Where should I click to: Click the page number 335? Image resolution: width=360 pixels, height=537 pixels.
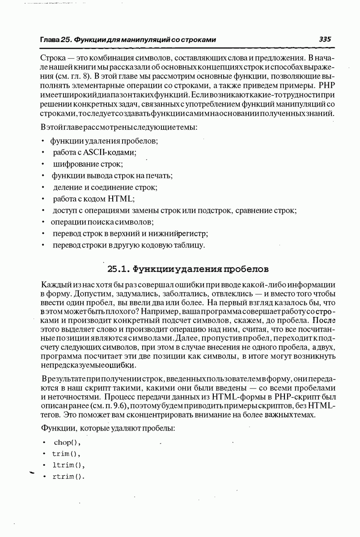325,39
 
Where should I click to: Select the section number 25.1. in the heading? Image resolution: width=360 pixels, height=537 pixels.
119,269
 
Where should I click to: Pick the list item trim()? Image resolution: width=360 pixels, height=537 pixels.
66,453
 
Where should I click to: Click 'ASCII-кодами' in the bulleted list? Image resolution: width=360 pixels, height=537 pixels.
112,152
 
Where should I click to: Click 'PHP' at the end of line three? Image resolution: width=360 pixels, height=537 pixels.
326,85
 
